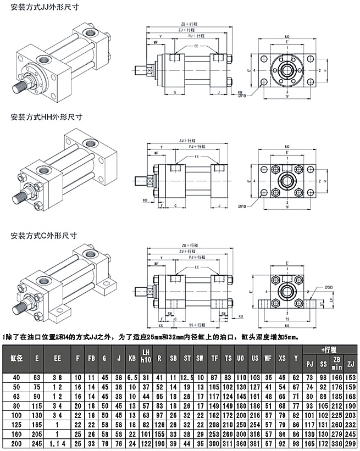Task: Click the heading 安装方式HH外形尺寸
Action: click(46, 117)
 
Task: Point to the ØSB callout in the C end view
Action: click(329, 287)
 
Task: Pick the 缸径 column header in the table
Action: click(16, 358)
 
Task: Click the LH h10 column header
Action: click(146, 355)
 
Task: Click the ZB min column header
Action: click(336, 362)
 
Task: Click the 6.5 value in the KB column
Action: click(131, 377)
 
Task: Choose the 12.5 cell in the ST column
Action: click(187, 377)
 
